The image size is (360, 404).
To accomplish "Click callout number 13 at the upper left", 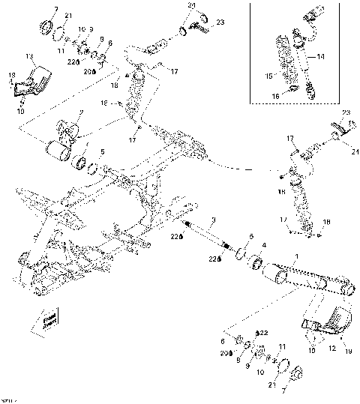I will coord(29,57).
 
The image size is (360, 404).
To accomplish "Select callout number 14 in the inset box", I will coord(320,57).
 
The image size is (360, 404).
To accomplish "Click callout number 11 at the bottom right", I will coord(282,346).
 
